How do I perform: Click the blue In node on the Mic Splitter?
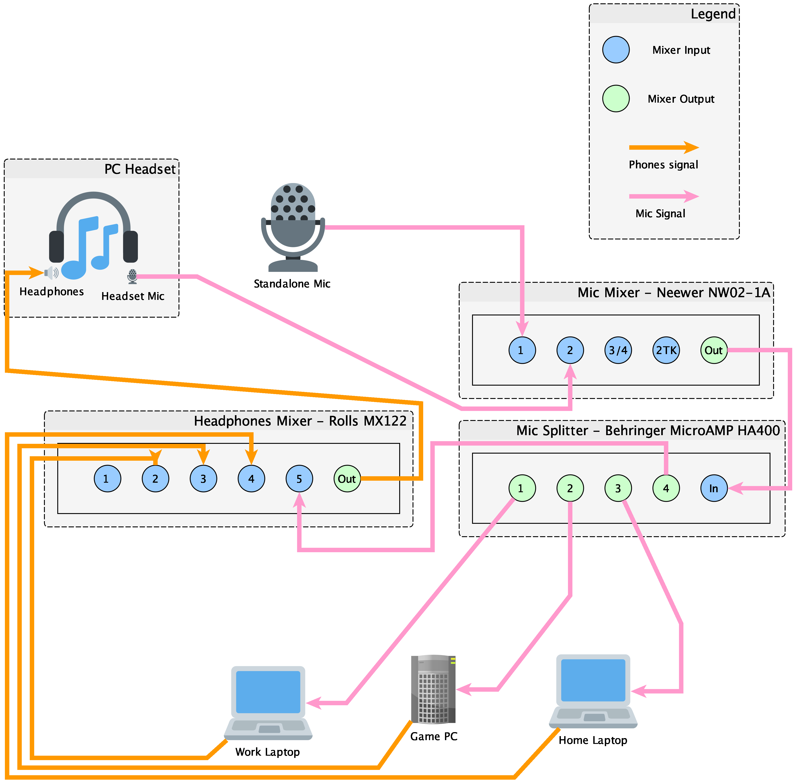point(714,488)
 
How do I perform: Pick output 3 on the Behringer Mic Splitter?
point(618,488)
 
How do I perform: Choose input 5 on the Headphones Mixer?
point(299,479)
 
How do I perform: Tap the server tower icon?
point(433,689)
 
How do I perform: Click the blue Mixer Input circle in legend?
point(616,50)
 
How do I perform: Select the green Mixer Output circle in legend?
point(616,98)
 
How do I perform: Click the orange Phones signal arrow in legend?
point(663,147)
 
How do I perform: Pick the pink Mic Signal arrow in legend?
point(663,196)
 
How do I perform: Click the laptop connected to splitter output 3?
point(593,691)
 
